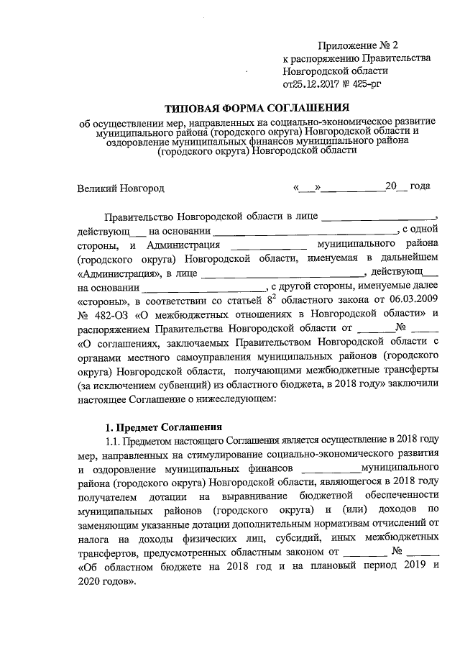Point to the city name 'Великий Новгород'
(x=121, y=188)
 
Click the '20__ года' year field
(x=408, y=187)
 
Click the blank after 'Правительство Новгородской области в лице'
(x=378, y=216)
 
